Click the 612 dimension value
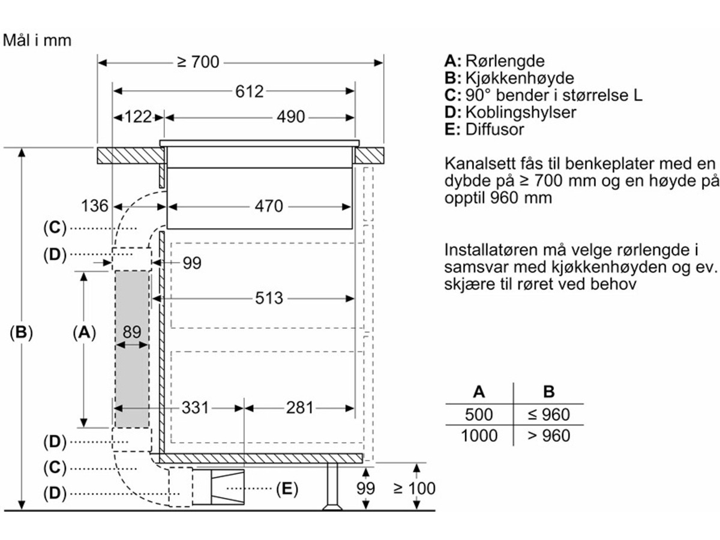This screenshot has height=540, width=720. coord(249,91)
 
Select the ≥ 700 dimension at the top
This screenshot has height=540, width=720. coord(198,62)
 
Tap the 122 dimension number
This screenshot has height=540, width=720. coord(139,116)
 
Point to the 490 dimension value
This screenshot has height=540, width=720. coord(290,116)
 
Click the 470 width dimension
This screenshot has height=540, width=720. coord(268,206)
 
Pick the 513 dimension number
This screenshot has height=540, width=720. coord(268,298)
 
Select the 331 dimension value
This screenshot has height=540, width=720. coord(195,408)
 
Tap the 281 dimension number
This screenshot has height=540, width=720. coord(299,408)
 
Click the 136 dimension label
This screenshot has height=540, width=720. coord(95,206)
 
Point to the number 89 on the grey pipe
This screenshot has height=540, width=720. coord(131,332)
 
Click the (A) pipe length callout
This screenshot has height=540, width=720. coord(84,332)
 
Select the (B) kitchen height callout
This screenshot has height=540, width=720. coord(21,332)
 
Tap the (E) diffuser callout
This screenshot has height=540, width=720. coord(287,489)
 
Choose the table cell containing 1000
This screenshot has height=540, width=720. coord(479,435)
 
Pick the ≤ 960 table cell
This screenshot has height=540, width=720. coord(548,414)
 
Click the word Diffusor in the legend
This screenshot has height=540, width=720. coord(494,129)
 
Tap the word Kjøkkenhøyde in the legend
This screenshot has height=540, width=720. coord(520,78)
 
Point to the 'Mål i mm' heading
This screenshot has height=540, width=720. coord(37,40)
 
